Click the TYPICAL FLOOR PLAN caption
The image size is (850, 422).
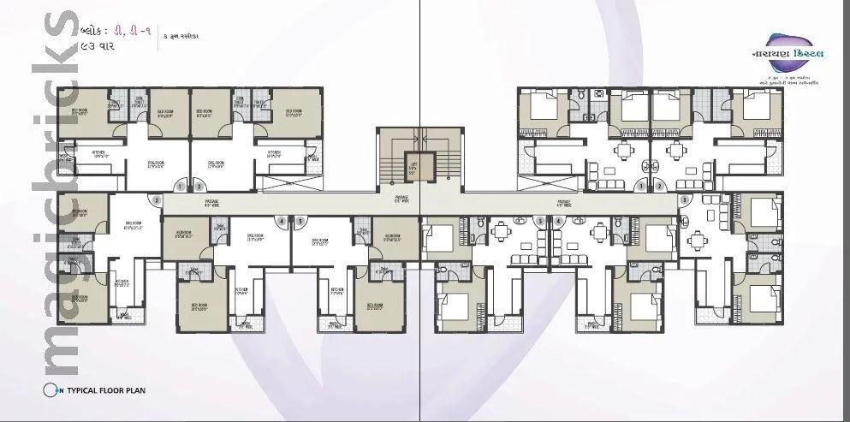click(107, 390)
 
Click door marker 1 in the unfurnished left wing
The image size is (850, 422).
click(181, 186)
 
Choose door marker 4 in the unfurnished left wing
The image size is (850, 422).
click(281, 221)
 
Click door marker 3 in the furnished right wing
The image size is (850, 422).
click(683, 200)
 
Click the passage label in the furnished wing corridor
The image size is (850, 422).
click(562, 204)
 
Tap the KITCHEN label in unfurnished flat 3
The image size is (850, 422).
click(122, 282)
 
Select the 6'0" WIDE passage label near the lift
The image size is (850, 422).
click(401, 201)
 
